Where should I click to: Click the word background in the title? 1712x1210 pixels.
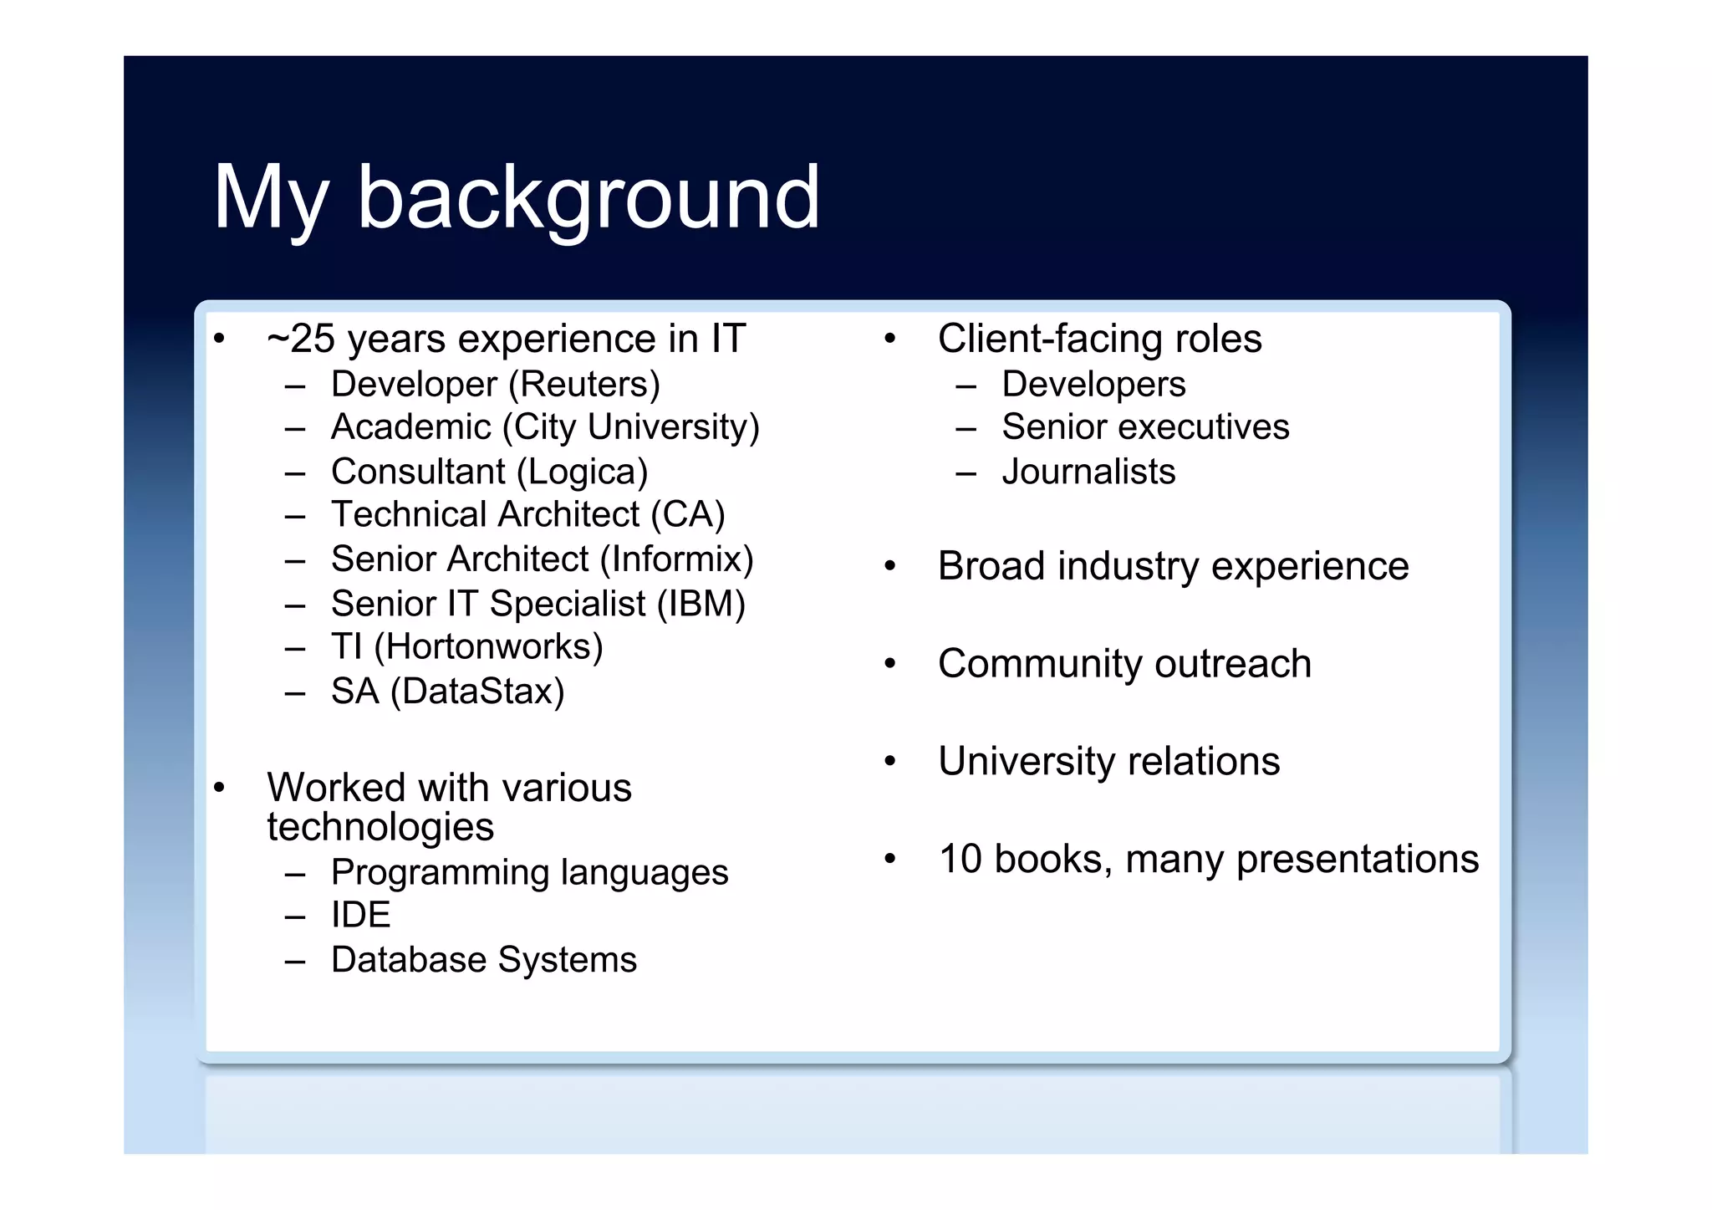[x=588, y=199]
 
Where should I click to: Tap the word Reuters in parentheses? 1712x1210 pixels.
[x=583, y=385]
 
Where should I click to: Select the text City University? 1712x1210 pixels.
[x=631, y=428]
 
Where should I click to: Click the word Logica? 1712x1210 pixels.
[x=582, y=472]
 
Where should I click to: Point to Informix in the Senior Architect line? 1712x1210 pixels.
[x=676, y=559]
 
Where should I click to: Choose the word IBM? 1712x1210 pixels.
[x=701, y=604]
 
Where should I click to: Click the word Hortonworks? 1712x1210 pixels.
[x=488, y=647]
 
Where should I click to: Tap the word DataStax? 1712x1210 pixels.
[x=477, y=692]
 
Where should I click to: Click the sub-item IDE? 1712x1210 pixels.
[x=360, y=915]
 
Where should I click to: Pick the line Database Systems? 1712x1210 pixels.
[x=483, y=960]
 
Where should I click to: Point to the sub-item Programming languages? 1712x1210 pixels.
[x=529, y=873]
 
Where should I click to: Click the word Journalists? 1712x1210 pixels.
[x=1088, y=472]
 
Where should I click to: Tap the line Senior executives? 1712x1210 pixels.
[x=1145, y=427]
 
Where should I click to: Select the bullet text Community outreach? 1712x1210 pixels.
[x=1124, y=664]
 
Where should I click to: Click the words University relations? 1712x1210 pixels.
[x=1108, y=762]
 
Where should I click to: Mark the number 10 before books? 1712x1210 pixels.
[x=960, y=860]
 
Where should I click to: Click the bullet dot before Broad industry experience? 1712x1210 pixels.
[x=890, y=567]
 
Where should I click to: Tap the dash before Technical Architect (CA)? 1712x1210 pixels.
[x=294, y=517]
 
